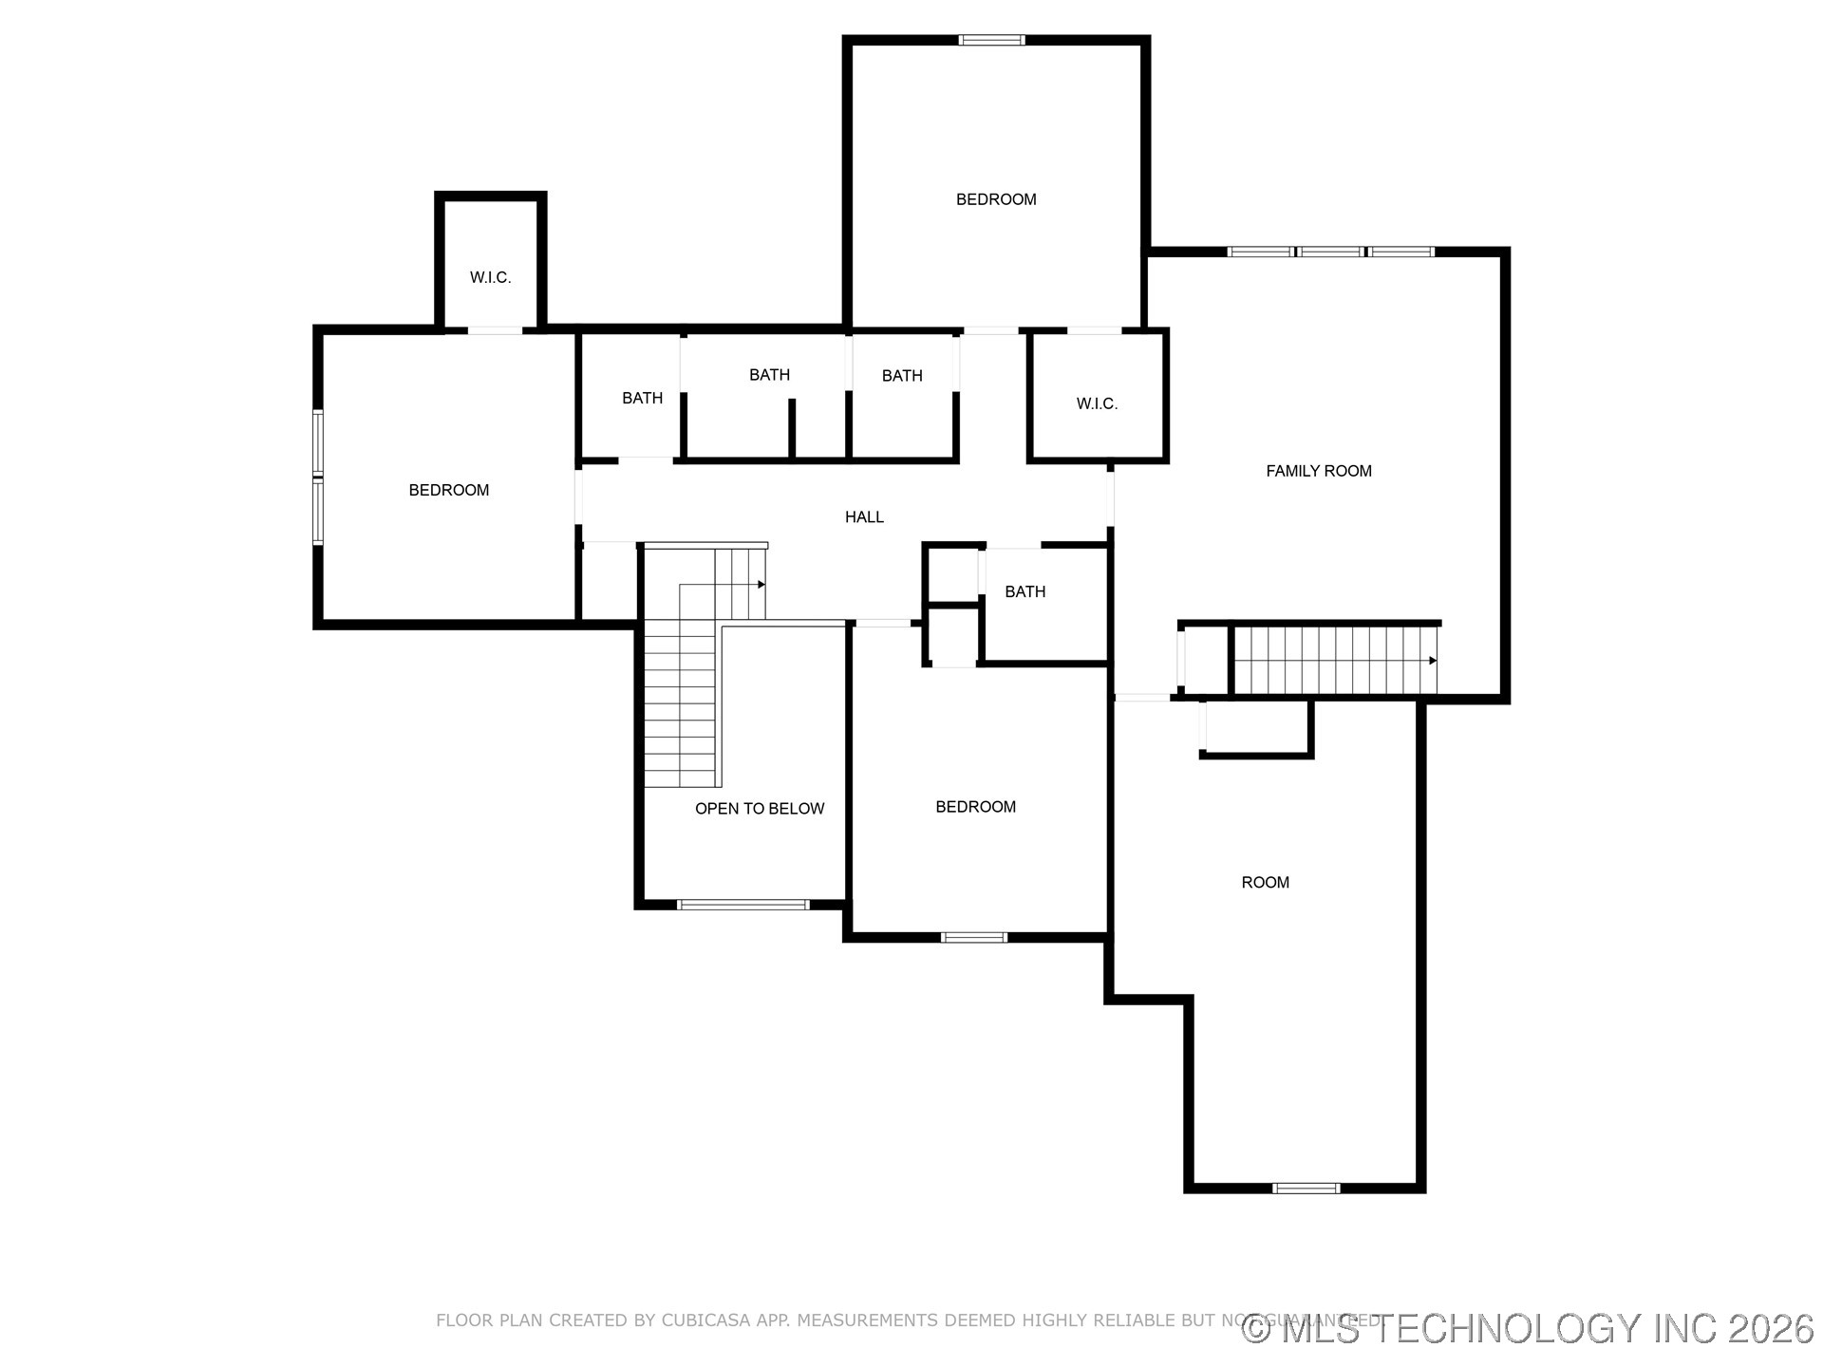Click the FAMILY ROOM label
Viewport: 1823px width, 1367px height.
(1318, 471)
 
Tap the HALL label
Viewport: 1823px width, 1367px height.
(864, 517)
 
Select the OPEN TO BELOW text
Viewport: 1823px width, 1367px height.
(759, 809)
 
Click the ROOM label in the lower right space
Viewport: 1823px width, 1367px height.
(1265, 883)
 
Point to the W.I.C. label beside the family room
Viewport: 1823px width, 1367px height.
(1097, 404)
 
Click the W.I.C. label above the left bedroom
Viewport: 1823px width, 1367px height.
(490, 278)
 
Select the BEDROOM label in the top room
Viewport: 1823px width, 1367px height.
(995, 199)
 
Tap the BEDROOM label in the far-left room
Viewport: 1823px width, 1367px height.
(448, 491)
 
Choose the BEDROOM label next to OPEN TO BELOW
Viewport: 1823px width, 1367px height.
(975, 807)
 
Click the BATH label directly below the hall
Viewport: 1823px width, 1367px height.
(1024, 592)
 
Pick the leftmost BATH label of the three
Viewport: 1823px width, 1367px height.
(642, 399)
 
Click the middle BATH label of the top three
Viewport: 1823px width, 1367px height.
(769, 375)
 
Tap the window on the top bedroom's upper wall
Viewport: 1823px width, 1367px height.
(991, 41)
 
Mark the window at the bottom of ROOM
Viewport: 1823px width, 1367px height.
(1306, 1188)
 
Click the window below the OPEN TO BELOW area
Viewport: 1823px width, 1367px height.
(742, 905)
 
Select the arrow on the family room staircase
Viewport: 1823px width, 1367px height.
(1432, 661)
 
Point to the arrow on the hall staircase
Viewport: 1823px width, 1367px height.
(761, 585)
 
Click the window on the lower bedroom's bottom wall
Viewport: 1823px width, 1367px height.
(973, 938)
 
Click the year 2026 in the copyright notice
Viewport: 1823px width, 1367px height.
(1770, 1328)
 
